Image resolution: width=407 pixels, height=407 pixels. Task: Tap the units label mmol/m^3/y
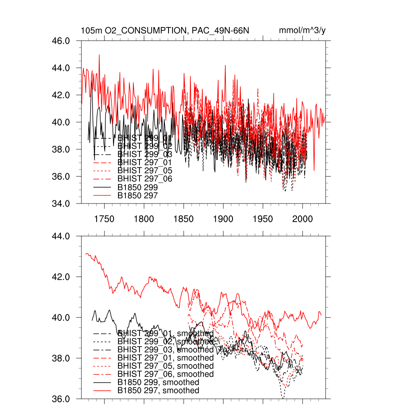click(x=302, y=31)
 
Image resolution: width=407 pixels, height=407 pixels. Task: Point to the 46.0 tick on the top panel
click(x=61, y=41)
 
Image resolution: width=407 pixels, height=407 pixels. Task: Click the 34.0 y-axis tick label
click(x=61, y=203)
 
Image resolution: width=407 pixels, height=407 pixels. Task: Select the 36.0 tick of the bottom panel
click(x=61, y=399)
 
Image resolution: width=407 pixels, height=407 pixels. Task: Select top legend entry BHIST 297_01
click(x=145, y=162)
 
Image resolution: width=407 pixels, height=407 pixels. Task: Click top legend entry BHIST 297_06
click(x=145, y=179)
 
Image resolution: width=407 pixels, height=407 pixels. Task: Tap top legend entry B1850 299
click(x=138, y=187)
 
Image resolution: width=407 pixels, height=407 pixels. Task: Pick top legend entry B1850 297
click(x=138, y=196)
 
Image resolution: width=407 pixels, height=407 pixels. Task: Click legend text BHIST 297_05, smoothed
click(x=165, y=366)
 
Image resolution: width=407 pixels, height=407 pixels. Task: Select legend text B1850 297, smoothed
click(x=158, y=391)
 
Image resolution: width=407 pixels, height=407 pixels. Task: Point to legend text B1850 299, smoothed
click(x=158, y=382)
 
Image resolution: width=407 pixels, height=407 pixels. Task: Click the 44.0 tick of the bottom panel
click(x=61, y=236)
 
